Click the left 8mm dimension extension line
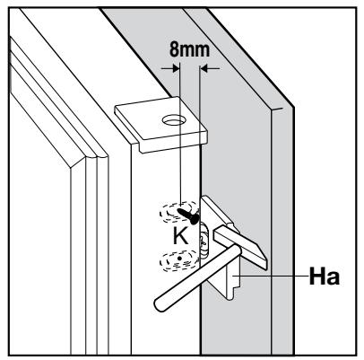[180, 135]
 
